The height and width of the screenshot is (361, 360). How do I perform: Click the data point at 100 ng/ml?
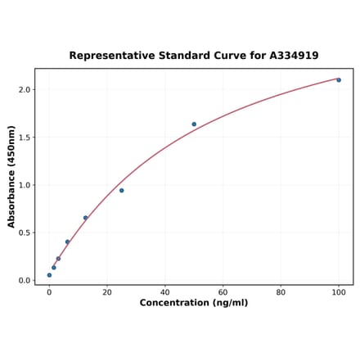[x=339, y=79]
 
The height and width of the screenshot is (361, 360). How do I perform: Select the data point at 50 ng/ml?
[x=194, y=124]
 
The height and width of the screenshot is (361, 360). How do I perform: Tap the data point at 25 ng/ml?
[x=121, y=191]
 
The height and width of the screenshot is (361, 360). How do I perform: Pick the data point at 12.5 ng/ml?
[x=85, y=218]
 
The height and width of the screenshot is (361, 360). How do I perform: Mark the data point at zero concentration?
[x=49, y=275]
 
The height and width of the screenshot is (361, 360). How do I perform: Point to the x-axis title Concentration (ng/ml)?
[x=194, y=303]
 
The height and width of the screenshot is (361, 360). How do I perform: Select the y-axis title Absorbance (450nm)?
[x=12, y=177]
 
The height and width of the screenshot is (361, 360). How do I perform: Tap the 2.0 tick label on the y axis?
[x=25, y=89]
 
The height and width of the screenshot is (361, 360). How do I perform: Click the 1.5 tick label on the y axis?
[x=25, y=138]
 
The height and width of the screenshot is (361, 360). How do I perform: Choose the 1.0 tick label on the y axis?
[x=25, y=185]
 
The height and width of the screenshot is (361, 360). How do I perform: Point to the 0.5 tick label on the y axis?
[x=25, y=232]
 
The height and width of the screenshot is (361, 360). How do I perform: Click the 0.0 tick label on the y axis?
[x=25, y=281]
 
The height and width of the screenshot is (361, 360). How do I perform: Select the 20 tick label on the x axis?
[x=107, y=291]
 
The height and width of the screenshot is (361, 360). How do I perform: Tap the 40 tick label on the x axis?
[x=164, y=291]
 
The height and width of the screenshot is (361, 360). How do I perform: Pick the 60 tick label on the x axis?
[x=223, y=291]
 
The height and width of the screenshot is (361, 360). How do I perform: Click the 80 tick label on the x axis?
[x=281, y=291]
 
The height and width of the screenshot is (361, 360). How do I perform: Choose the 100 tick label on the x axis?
[x=339, y=291]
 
